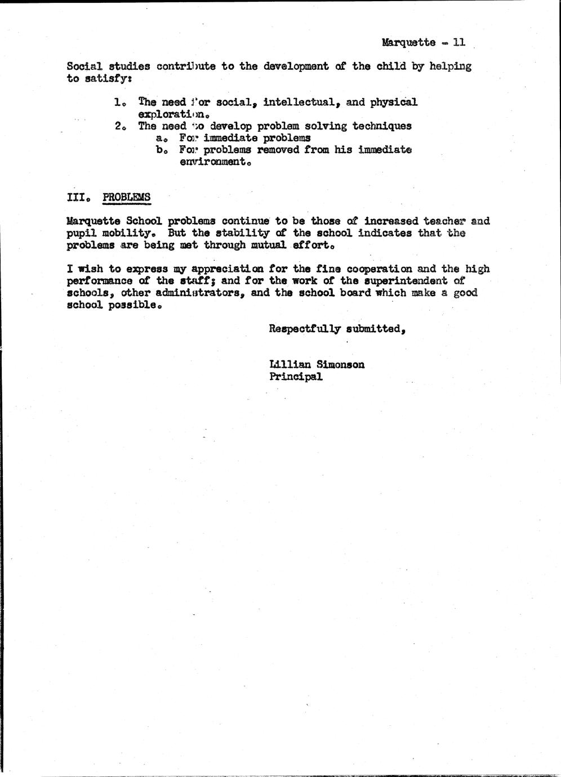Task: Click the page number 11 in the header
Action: click(x=459, y=42)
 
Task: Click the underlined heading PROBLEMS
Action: click(x=127, y=197)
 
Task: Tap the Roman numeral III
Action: click(x=77, y=197)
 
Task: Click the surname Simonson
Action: click(x=341, y=364)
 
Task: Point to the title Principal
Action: click(x=296, y=377)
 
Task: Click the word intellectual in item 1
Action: click(x=301, y=102)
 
